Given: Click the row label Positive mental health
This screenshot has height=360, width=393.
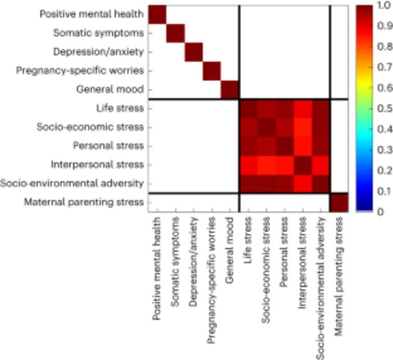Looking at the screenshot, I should click(92, 14).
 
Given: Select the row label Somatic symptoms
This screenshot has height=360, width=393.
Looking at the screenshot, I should click(98, 33).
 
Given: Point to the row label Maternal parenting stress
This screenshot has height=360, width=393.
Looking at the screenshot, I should click(84, 202).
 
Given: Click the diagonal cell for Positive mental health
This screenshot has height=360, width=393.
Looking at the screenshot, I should click(158, 14).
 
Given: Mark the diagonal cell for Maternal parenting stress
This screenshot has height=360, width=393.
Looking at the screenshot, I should click(339, 202).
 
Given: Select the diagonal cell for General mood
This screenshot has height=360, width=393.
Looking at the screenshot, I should click(230, 89).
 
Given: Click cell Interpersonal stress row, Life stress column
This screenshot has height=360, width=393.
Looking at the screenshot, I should click(249, 165).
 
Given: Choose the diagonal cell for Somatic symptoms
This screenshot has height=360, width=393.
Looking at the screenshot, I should click(176, 33).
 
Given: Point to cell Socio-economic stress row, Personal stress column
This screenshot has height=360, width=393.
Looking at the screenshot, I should click(285, 127).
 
